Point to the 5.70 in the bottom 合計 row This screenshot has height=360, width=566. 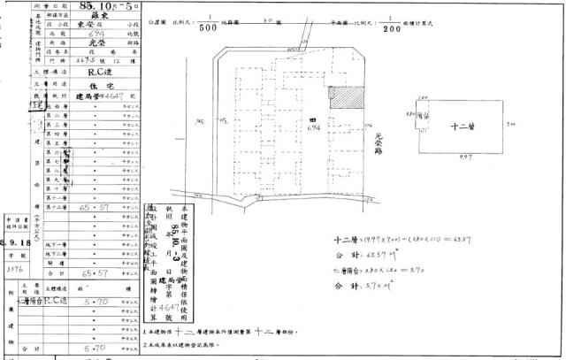tap(91, 348)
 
